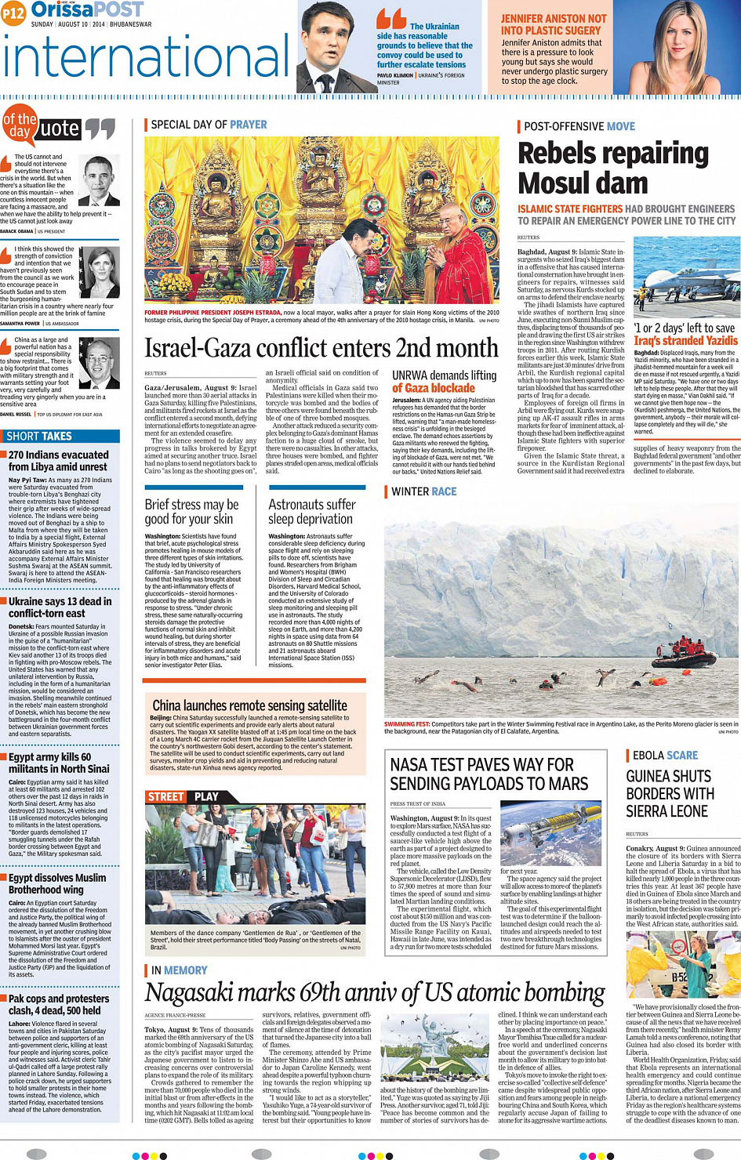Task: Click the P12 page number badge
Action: (13, 13)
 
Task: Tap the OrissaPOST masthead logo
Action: (88, 9)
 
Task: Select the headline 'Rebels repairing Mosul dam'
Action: (612, 168)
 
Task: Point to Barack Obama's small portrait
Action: (100, 179)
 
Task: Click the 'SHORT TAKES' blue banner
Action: (60, 437)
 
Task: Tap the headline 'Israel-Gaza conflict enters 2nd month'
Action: (321, 347)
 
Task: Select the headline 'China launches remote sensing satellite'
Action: (249, 705)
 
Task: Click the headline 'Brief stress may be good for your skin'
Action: (191, 511)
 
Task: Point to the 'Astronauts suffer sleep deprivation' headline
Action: (311, 511)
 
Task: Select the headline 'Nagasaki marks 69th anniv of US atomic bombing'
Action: (375, 993)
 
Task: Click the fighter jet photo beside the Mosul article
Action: (686, 277)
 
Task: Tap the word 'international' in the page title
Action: (147, 58)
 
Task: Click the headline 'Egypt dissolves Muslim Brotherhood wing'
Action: (57, 883)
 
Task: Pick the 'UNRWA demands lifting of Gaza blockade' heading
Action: (444, 381)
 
